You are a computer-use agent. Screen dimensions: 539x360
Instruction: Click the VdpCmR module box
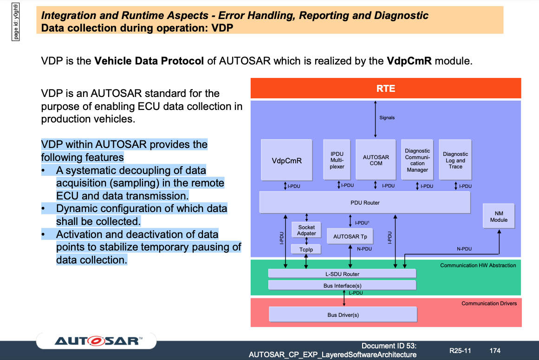287,160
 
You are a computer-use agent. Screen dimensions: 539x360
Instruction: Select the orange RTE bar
386,88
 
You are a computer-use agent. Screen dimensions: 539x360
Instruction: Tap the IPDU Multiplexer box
337,160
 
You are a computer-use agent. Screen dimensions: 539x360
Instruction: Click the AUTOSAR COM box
376,160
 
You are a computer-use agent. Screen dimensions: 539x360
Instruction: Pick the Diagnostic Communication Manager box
417,160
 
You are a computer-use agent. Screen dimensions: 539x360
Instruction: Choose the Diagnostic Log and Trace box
455,160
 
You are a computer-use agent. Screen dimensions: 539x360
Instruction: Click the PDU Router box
365,202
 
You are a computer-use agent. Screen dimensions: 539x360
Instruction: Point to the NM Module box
499,216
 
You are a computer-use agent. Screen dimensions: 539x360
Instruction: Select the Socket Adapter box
306,230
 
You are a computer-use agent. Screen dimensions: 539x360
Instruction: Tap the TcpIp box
306,250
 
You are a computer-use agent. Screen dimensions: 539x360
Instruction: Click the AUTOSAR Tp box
351,236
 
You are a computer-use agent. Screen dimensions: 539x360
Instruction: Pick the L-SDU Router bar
342,274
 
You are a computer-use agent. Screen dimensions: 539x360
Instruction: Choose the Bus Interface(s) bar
342,285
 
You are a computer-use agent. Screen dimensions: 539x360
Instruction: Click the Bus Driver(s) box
343,315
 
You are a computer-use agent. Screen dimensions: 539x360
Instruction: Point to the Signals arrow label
387,117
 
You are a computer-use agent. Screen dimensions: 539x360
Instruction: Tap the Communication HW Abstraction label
478,265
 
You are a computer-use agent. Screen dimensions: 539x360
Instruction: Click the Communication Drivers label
489,303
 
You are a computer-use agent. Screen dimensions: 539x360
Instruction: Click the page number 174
495,351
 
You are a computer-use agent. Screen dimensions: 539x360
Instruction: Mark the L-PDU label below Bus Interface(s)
356,293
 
